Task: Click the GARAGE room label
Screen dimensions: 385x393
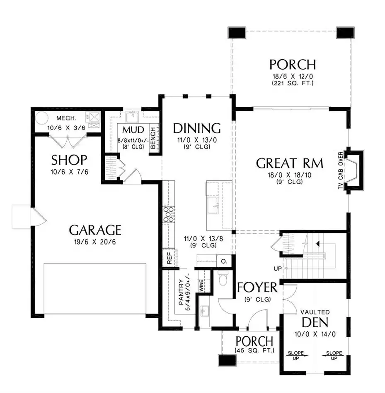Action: tap(95, 230)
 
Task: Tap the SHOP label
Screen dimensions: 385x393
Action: tap(69, 160)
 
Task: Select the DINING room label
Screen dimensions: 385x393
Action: tap(197, 128)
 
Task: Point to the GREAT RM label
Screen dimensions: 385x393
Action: tap(289, 163)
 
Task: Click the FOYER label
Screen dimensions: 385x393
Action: tap(257, 287)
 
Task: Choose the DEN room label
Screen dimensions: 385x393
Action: tap(315, 323)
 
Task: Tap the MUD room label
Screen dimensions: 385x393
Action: tap(133, 130)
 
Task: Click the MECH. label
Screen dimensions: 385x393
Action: tap(66, 118)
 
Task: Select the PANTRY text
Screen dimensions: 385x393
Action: tap(181, 292)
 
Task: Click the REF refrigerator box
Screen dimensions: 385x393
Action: tap(169, 258)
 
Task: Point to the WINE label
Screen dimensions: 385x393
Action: tap(201, 286)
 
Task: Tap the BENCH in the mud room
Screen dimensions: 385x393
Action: tap(153, 138)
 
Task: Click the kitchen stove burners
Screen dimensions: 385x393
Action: tap(169, 215)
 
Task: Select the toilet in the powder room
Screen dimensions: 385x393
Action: tap(223, 278)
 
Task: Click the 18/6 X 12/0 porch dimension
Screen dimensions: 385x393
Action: tap(293, 77)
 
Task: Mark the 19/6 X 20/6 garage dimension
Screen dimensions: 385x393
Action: tap(95, 242)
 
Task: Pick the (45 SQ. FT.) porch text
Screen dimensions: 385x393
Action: tap(254, 350)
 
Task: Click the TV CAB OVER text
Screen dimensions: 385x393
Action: tap(341, 170)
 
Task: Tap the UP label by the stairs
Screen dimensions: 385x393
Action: tap(278, 268)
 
